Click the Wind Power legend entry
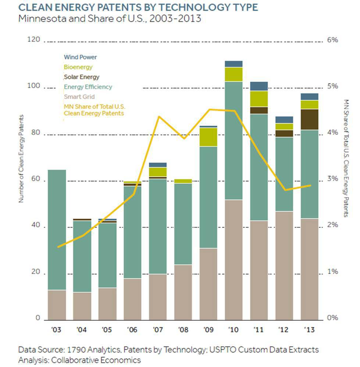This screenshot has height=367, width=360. coord(80,57)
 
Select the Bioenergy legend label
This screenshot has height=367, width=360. coord(78,67)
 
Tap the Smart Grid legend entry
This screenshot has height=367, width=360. coord(79,97)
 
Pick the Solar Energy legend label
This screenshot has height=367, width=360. coord(81,77)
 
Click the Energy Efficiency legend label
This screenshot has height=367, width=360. coord(88,87)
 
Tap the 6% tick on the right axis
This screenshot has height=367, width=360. coord(332,40)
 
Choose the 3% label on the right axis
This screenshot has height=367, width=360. coord(332,179)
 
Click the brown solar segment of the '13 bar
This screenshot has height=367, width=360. coord(309,119)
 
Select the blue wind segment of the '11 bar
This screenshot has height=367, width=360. coord(259,86)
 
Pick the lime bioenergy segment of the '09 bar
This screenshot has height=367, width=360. coord(208,137)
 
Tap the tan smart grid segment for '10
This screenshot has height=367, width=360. coord(234,259)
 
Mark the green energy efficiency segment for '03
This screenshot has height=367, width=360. coord(57,230)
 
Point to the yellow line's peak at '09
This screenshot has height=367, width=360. coord(209,109)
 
